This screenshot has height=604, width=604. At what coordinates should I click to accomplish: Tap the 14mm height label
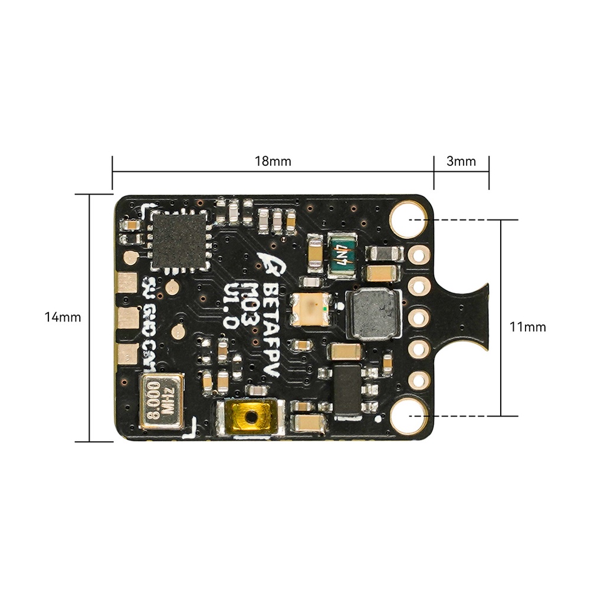pos(63,317)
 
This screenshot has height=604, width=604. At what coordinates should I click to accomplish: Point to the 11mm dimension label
pos(528,327)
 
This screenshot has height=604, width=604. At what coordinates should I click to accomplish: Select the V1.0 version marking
pos(232,304)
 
